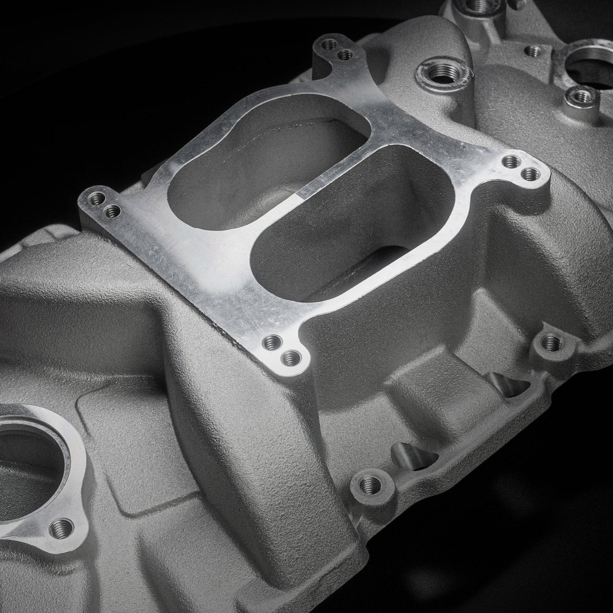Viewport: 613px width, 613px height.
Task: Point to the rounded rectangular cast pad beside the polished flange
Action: [x=112, y=453]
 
